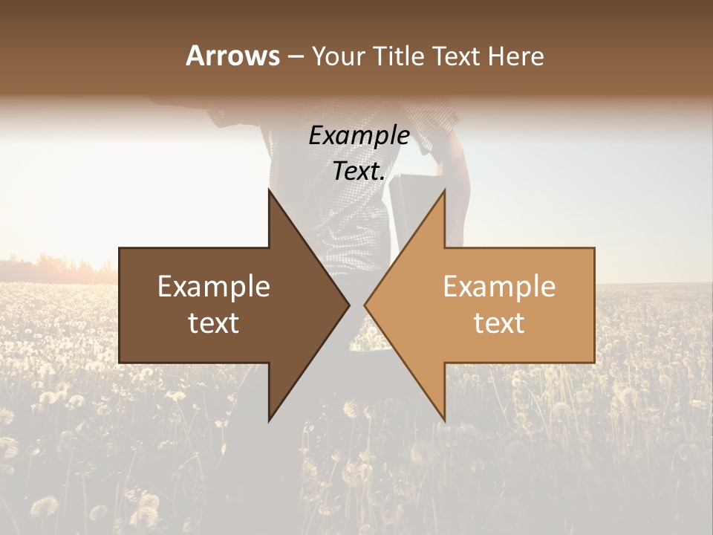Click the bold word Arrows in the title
[x=232, y=56]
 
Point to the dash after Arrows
[x=295, y=56]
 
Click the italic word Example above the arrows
[x=359, y=136]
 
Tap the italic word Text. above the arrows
[x=359, y=172]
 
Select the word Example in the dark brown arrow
[x=214, y=287]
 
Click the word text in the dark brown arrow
[x=214, y=322]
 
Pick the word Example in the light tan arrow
[x=499, y=287]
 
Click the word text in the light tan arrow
[x=499, y=322]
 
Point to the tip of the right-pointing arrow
[x=349, y=305]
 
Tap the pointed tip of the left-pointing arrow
[x=365, y=305]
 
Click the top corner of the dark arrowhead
[x=269, y=190]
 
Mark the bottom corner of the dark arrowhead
[x=269, y=421]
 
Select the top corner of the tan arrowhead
[x=445, y=190]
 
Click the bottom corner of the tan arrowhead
[x=445, y=421]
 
